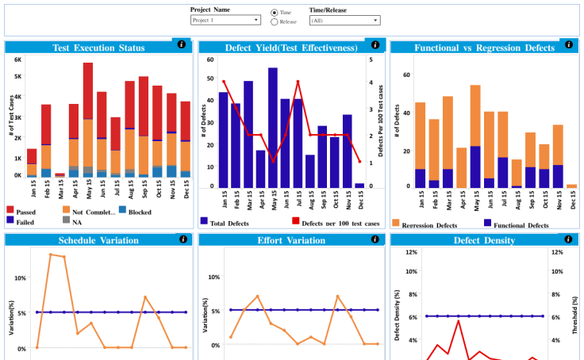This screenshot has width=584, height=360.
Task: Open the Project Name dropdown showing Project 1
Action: coord(225,20)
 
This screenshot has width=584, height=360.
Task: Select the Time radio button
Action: coord(275,13)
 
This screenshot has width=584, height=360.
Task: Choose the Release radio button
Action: coord(275,22)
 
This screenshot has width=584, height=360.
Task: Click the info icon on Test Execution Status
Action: coord(182,45)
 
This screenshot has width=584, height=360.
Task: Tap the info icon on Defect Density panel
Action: coord(570,239)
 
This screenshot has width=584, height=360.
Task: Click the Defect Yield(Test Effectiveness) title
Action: coord(291,48)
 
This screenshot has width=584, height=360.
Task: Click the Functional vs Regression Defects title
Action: coord(484,48)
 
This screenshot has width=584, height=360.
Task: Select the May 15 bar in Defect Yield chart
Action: coord(272,127)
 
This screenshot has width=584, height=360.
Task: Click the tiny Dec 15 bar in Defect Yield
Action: coord(359,186)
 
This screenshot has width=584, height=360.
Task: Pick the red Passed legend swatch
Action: coord(10,210)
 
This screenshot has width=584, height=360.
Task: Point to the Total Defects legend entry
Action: coord(229,223)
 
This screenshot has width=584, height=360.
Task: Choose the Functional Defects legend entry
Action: coord(521,225)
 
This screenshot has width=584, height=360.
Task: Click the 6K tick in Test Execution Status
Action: coord(17,59)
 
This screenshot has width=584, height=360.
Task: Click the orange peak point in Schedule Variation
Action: coord(51,255)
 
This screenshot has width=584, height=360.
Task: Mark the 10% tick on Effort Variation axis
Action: coord(213,278)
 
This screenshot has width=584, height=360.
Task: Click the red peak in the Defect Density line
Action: coord(458,320)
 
